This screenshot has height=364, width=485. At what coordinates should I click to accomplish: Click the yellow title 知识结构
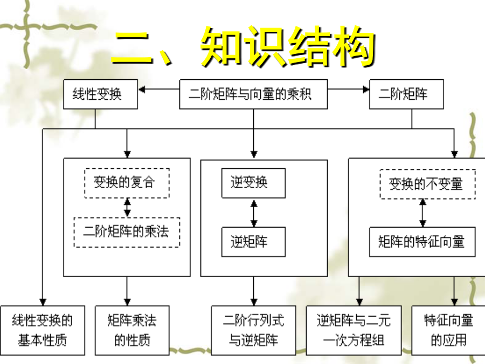288,46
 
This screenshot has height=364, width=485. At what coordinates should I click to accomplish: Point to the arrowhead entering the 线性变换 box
142,90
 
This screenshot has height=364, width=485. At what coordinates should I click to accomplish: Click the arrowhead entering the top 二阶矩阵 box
366,90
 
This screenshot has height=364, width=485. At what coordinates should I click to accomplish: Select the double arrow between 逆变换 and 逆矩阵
254,212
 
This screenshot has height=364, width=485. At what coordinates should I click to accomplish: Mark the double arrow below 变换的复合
127,208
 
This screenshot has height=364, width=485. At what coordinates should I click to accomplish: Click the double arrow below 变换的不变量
423,212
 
